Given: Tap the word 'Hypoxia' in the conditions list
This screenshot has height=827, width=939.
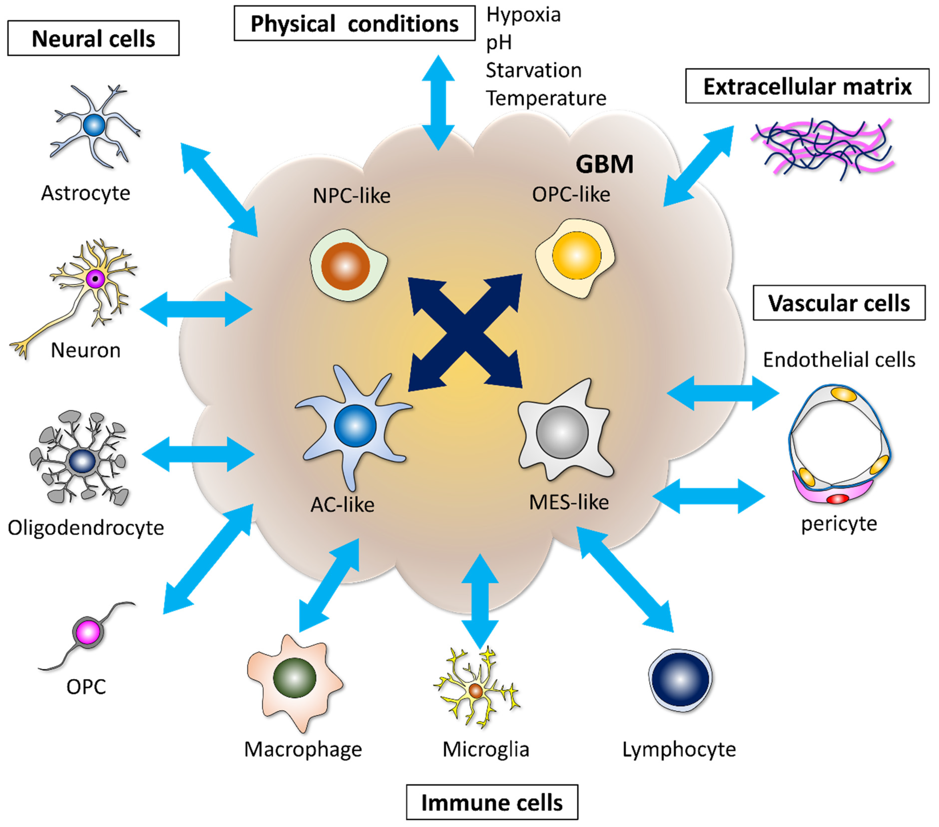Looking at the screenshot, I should click(523, 15).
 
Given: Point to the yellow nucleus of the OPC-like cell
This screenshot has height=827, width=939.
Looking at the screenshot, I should click(576, 256).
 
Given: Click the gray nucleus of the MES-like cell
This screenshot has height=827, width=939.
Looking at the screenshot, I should click(562, 432).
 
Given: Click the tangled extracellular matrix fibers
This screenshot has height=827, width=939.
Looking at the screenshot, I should click(822, 147).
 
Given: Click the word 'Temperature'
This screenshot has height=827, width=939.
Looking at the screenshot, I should click(546, 98).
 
